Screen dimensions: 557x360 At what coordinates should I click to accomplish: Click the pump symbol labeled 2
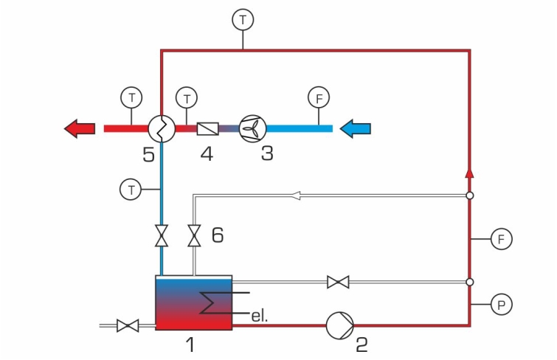tap(340, 325)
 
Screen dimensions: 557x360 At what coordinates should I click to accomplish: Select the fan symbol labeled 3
tap(252, 128)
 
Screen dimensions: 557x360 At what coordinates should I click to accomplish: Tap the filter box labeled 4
tap(208, 128)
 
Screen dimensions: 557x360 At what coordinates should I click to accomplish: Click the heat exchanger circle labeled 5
tap(162, 128)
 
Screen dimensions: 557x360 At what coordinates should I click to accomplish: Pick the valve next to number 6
tap(194, 235)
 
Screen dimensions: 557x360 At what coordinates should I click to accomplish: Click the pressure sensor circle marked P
tap(501, 305)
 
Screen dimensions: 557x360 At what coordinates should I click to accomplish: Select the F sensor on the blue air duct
tap(319, 97)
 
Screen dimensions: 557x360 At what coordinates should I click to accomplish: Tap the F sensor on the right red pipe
tap(501, 239)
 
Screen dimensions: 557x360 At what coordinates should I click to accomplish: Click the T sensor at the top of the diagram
tap(243, 20)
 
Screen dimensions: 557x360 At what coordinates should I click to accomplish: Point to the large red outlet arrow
tap(80, 128)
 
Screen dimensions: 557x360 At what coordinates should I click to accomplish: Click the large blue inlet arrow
tap(356, 128)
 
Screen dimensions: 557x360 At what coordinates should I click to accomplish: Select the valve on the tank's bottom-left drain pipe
tap(128, 325)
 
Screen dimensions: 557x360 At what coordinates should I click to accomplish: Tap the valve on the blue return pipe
tap(162, 235)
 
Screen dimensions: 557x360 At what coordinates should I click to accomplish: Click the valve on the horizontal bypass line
tap(338, 282)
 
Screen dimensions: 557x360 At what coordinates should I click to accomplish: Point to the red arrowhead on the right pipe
tap(470, 173)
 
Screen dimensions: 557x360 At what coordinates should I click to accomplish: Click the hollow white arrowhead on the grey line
tap(296, 195)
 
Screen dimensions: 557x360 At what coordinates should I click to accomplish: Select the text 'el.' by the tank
tap(259, 316)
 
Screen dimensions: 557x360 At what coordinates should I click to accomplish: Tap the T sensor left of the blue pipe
tap(131, 190)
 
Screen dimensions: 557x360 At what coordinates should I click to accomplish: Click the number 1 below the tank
tap(191, 345)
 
